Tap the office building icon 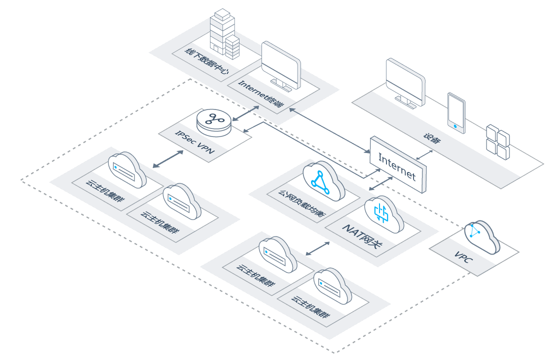(x=224, y=33)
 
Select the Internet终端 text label (x=261, y=93)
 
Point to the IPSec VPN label (x=194, y=142)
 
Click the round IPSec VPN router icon (x=214, y=122)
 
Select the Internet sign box (x=398, y=164)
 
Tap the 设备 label (x=432, y=138)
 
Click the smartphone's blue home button (x=455, y=126)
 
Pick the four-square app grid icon (x=498, y=142)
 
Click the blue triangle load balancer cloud (x=323, y=180)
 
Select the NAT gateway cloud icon (x=384, y=214)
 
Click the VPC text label (x=464, y=257)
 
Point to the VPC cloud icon (x=481, y=236)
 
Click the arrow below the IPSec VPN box (x=168, y=159)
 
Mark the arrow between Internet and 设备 (x=424, y=154)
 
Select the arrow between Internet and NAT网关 (x=380, y=183)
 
